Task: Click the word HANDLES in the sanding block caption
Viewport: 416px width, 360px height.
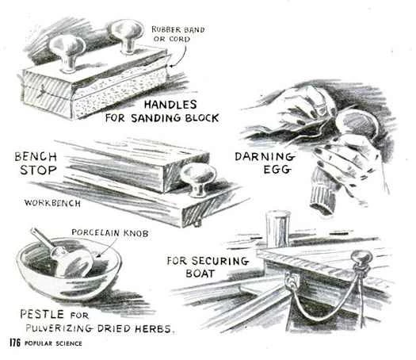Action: click(x=170, y=105)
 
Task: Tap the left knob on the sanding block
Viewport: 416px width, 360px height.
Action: click(x=67, y=52)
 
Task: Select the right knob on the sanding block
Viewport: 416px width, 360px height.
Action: click(x=125, y=36)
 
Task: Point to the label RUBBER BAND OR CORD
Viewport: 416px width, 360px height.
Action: click(x=178, y=34)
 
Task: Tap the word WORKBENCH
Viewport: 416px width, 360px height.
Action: click(x=52, y=203)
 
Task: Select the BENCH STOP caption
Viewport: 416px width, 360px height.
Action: click(x=36, y=163)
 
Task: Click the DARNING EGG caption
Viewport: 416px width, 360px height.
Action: click(x=265, y=163)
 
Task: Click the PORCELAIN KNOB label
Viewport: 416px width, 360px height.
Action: click(x=110, y=233)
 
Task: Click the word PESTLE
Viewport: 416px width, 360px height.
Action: click(x=42, y=314)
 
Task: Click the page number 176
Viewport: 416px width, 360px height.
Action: click(x=15, y=343)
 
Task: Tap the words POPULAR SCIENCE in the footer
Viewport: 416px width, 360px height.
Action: click(x=53, y=343)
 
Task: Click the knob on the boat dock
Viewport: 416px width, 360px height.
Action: click(x=361, y=259)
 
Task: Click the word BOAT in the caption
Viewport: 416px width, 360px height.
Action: click(x=200, y=274)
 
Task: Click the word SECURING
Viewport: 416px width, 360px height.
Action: click(x=220, y=261)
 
